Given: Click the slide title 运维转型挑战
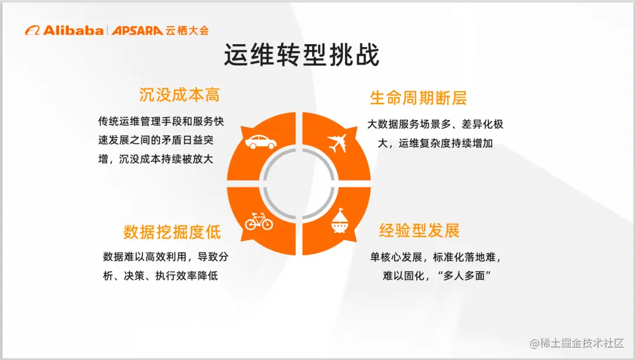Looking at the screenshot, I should click(301, 55).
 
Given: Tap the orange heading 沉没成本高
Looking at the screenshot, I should click(179, 95).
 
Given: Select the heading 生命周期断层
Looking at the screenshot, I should click(418, 98).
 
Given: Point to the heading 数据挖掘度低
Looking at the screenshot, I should click(172, 232).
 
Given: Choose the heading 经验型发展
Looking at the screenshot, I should click(419, 231).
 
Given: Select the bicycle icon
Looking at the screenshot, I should click(259, 222).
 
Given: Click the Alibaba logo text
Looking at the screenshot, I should click(72, 31).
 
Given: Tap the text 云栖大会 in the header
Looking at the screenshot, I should click(187, 31).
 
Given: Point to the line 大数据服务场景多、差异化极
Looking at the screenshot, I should click(435, 125).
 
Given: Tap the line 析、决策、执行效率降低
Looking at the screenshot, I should click(161, 275).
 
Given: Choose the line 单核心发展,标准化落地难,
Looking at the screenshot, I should click(436, 257).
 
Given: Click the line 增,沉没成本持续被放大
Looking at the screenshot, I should click(155, 159).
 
